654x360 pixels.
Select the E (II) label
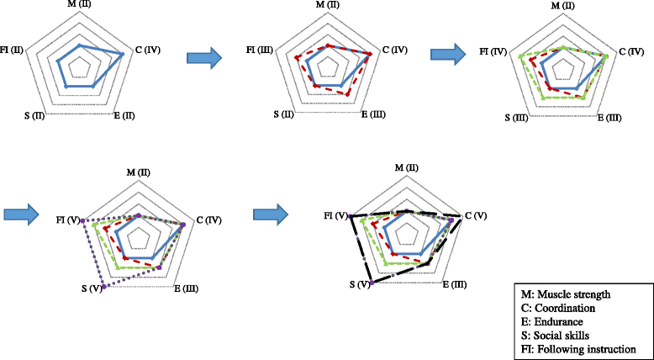click(x=124, y=114)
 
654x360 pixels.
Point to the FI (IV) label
click(x=493, y=52)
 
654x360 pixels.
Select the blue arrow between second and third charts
click(x=449, y=54)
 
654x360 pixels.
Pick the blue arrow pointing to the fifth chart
click(x=271, y=214)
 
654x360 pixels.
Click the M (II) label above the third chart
click(x=564, y=8)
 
